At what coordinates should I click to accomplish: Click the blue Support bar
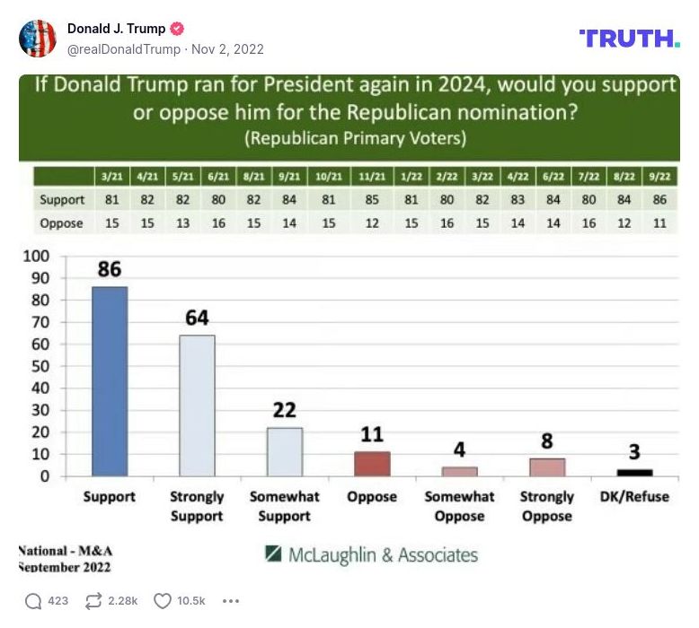[x=110, y=381]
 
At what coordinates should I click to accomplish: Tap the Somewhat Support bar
[x=284, y=451]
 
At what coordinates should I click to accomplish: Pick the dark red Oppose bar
[x=372, y=463]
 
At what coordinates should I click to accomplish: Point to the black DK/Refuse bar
[x=634, y=472]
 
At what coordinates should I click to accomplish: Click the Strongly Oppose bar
[x=547, y=467]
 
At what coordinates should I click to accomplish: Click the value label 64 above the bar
[x=197, y=318]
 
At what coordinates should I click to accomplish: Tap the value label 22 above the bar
[x=284, y=411]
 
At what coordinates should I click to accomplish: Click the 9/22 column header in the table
[x=659, y=178]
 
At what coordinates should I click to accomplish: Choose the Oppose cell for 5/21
[x=183, y=223]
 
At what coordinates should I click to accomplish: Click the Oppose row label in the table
[x=62, y=223]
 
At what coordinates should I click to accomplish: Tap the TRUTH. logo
[x=629, y=38]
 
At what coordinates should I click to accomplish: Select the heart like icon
[x=163, y=601]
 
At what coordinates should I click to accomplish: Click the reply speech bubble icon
[x=33, y=601]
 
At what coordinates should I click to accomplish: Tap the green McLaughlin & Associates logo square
[x=274, y=554]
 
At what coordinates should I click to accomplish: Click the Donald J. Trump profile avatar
[x=38, y=39]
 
